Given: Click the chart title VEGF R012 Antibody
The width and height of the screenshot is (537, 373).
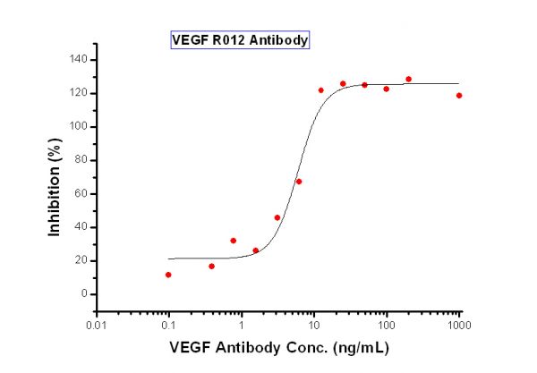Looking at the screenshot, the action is coord(240,40).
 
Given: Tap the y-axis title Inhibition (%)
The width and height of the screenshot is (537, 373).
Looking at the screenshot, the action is coord(54,187).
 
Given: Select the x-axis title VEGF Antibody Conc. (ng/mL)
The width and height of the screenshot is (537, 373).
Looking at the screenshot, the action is coord(279,348).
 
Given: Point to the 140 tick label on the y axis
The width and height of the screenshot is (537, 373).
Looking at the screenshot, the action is coord(78,60).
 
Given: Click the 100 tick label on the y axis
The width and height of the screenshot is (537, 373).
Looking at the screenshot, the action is coord(78,127).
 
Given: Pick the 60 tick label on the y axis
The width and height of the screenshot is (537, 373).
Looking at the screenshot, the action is coord(81,194).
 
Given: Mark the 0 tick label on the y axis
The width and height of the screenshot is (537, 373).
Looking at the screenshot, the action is coord(84,294).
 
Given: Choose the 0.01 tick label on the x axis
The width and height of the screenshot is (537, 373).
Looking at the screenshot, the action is coord(97,325).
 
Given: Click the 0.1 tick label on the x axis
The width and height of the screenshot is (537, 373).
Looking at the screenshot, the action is coord(168,325).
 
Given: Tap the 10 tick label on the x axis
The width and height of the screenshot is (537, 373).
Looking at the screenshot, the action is coord(314,325).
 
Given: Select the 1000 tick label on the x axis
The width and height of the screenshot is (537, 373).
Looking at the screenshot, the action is coord(459,325).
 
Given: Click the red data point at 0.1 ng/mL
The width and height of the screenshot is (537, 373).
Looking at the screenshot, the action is coord(168,275).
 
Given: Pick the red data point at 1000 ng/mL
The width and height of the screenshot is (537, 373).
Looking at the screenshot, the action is coord(459,96).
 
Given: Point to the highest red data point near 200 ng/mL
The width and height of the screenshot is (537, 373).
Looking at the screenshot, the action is coord(409,79).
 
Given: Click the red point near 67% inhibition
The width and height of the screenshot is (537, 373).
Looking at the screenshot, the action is coord(299,182).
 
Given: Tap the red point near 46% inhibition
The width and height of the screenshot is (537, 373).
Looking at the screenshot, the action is coord(277,217).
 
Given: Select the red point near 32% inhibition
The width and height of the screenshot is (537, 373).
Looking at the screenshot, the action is coord(234,241).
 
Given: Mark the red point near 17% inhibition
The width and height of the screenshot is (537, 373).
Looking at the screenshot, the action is coord(211,267).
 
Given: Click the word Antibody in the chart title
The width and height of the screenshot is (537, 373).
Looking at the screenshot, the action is coord(278,40).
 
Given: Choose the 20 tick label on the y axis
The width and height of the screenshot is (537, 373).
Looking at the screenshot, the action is coord(81,261).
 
